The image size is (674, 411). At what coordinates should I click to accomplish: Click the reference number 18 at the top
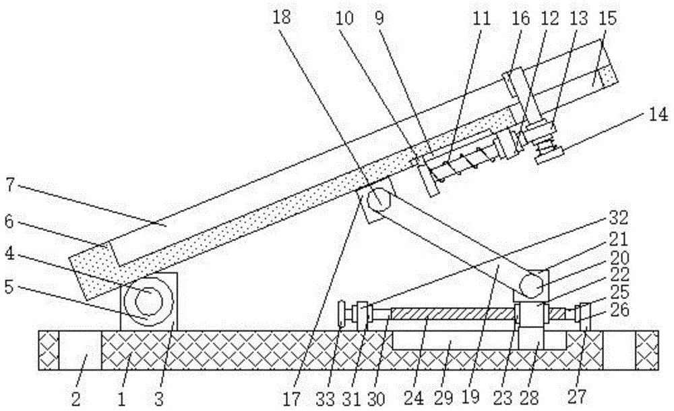[x=282, y=18]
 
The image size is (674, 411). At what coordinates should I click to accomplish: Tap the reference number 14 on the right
[x=658, y=115]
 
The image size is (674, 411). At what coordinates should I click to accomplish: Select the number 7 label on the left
[x=11, y=184]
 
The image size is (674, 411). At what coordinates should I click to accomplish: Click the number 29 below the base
[x=443, y=398]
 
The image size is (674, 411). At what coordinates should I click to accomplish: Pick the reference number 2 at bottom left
[x=75, y=399]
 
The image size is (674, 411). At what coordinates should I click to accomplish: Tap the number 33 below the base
[x=326, y=399]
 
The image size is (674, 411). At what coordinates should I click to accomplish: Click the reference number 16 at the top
[x=520, y=18]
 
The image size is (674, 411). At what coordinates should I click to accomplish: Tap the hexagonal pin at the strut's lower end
[x=531, y=285]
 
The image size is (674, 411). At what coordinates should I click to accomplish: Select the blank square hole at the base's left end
[x=80, y=350]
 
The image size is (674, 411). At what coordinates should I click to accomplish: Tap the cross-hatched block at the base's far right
[x=647, y=350]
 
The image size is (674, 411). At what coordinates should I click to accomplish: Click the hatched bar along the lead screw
[x=453, y=313]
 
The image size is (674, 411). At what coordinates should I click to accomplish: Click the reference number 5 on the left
[x=9, y=287]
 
